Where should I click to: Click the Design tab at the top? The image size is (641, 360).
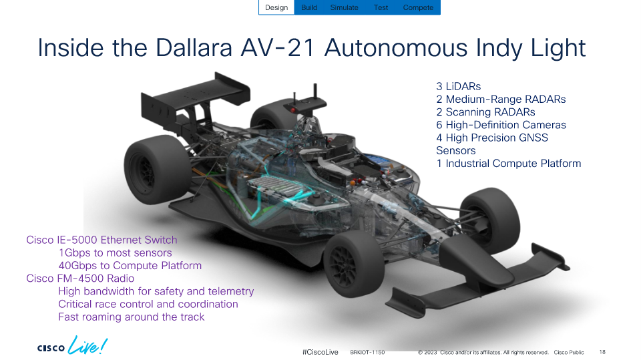pyautogui.click(x=276, y=7)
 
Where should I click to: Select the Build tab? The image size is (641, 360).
pyautogui.click(x=309, y=7)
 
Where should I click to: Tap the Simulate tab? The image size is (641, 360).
pyautogui.click(x=345, y=7)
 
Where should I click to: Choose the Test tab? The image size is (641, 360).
pyautogui.click(x=381, y=7)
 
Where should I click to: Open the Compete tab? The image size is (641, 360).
pyautogui.click(x=418, y=7)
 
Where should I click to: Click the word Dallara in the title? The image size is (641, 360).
pyautogui.click(x=194, y=48)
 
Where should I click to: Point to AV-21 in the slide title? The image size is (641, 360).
pyautogui.click(x=278, y=48)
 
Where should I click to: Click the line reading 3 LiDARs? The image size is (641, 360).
pyautogui.click(x=458, y=86)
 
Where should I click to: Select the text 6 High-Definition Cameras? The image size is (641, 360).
pyautogui.click(x=501, y=125)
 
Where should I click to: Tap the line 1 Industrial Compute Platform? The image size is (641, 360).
pyautogui.click(x=509, y=163)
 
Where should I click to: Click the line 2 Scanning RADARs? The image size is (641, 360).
pyautogui.click(x=485, y=112)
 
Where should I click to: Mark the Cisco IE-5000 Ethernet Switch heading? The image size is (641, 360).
pyautogui.click(x=101, y=240)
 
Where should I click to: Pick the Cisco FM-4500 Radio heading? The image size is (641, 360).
pyautogui.click(x=80, y=278)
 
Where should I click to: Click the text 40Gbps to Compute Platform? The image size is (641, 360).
pyautogui.click(x=130, y=266)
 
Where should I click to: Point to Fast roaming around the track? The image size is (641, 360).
pyautogui.click(x=132, y=317)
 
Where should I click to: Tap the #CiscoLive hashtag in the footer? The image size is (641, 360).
pyautogui.click(x=320, y=352)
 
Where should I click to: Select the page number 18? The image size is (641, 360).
pyautogui.click(x=602, y=352)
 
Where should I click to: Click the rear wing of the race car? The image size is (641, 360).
pyautogui.click(x=196, y=98)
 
